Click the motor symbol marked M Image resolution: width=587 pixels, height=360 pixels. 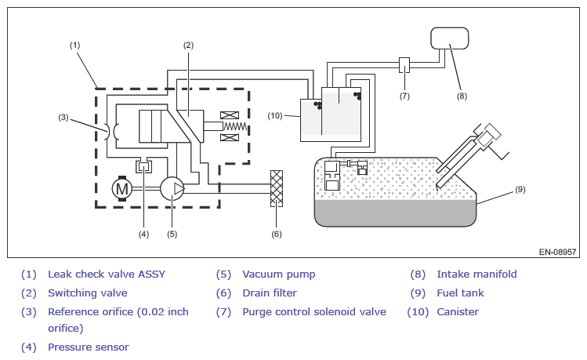pyautogui.click(x=121, y=188)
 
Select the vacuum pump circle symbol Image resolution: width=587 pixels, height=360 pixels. pyautogui.click(x=172, y=188)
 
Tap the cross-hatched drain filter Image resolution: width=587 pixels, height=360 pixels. pyautogui.click(x=275, y=188)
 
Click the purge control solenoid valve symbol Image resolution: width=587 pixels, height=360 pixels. pyautogui.click(x=404, y=65)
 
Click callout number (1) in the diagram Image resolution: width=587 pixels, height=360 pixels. pyautogui.click(x=75, y=45)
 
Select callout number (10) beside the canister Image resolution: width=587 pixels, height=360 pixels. pyautogui.click(x=274, y=116)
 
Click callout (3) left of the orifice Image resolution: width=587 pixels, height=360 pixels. pyautogui.click(x=63, y=118)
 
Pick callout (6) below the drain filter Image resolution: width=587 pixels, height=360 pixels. pyautogui.click(x=276, y=234)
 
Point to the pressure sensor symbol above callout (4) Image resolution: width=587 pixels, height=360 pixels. pyautogui.click(x=143, y=166)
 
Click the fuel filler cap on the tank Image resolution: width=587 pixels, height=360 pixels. pyautogui.click(x=492, y=135)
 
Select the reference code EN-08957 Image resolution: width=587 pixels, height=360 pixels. pyautogui.click(x=557, y=253)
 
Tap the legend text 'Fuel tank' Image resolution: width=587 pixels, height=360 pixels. pyautogui.click(x=460, y=293)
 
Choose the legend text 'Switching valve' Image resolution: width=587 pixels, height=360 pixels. pyautogui.click(x=87, y=293)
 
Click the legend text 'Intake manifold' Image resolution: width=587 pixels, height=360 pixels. pyautogui.click(x=476, y=275)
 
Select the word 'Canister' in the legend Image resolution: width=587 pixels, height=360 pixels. pyautogui.click(x=458, y=312)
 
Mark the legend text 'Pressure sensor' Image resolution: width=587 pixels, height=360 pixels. pyautogui.click(x=89, y=347)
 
